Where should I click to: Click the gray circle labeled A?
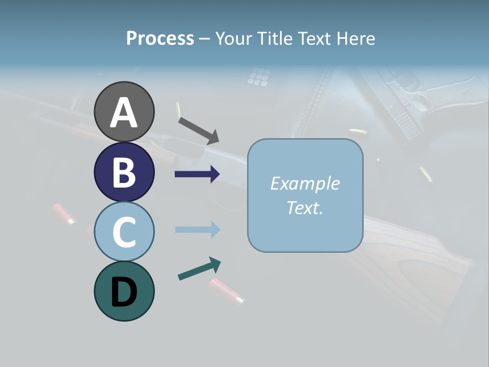[x=124, y=112]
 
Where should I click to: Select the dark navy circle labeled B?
[x=124, y=172]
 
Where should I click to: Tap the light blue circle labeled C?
[x=124, y=231]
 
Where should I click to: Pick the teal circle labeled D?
[x=124, y=291]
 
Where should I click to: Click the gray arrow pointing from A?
[x=198, y=130]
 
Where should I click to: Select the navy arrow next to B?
[x=197, y=174]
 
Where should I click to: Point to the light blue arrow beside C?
[x=197, y=230]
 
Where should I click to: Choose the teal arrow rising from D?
[x=199, y=269]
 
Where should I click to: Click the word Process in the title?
[x=160, y=38]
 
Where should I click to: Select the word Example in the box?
[x=305, y=183]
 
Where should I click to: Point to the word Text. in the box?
[x=305, y=207]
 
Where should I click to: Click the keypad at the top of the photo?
[x=258, y=76]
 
